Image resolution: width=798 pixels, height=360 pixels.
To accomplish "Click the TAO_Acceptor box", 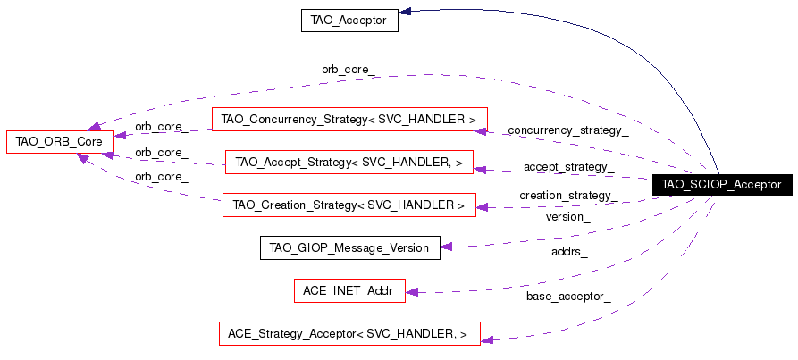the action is click(349, 21).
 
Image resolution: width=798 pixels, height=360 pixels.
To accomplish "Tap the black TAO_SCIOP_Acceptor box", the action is click(722, 184).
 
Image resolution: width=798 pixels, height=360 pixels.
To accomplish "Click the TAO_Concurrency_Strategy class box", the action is click(349, 120).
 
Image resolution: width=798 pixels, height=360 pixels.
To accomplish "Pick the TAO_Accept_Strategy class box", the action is click(349, 163).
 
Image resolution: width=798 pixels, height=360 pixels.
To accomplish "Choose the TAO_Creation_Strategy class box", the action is click(349, 205).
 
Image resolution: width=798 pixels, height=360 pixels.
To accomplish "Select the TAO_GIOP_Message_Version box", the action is click(350, 247).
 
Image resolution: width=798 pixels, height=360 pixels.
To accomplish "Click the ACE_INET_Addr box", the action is click(349, 291).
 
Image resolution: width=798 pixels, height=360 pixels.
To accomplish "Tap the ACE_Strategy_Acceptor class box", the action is click(349, 333).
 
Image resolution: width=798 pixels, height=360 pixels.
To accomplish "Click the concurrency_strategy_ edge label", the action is click(568, 130).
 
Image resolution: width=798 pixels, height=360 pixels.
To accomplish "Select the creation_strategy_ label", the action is click(569, 196).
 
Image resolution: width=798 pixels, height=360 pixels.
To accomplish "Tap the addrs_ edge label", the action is click(569, 252).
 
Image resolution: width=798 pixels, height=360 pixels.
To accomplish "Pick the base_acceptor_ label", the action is click(568, 297).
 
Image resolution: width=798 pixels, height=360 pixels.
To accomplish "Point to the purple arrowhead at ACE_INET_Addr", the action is click(412, 292).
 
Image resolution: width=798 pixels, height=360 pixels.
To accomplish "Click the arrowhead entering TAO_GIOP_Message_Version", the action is click(447, 247).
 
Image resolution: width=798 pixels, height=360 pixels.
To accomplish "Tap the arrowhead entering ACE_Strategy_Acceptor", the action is click(487, 339).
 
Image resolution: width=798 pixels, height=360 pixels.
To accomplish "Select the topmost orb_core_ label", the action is click(349, 70).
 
